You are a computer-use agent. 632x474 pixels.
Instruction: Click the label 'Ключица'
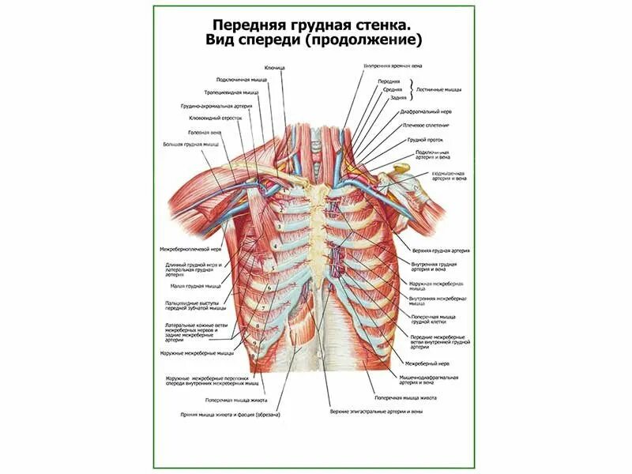(275, 69)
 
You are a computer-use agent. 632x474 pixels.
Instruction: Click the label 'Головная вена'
(199, 132)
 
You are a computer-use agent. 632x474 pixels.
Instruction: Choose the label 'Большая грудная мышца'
(191, 145)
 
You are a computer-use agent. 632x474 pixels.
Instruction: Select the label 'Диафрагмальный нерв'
(425, 112)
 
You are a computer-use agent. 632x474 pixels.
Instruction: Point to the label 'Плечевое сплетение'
(426, 125)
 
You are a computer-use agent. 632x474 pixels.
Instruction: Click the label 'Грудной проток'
(423, 139)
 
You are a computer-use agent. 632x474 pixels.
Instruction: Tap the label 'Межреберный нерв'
(427, 363)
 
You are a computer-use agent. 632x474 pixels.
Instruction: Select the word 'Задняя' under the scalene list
(399, 98)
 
